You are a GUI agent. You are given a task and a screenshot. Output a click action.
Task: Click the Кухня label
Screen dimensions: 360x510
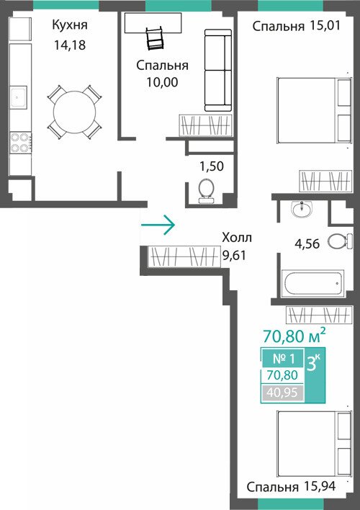pos(70,25)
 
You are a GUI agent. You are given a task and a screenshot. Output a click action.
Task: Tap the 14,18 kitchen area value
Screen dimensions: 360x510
pos(70,45)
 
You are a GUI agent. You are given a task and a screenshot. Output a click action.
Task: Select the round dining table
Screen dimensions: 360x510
pos(74,112)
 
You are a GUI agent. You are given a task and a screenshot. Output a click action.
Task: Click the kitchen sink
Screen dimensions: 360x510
pos(18,97)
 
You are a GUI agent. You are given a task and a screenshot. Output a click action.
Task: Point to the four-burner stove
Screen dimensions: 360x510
pos(21,143)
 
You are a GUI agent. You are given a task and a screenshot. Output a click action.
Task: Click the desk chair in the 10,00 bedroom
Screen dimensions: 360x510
pos(155,38)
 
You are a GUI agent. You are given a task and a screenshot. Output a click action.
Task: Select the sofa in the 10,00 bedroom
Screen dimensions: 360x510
pos(218,71)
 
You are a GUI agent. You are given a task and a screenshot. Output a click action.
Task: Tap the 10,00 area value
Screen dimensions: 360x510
pos(162,82)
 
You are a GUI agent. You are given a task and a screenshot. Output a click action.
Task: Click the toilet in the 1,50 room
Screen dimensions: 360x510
pos(206,192)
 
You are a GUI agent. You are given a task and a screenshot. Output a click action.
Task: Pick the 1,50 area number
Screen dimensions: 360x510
pos(212,166)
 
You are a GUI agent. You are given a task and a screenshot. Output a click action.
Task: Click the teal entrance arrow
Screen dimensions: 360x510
pos(158,225)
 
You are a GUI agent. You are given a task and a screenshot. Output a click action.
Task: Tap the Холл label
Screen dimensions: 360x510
pos(237,238)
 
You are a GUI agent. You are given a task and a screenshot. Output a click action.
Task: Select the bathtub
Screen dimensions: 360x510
pos(312,283)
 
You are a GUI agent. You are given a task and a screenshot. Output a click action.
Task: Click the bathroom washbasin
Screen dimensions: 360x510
pos(302,209)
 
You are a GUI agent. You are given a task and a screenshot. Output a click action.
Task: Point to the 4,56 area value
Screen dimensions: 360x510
pos(307,243)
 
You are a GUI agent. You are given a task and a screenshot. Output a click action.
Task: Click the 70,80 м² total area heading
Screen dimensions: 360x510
pos(294,336)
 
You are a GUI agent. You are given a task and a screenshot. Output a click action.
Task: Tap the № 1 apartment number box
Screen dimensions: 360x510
pos(283,359)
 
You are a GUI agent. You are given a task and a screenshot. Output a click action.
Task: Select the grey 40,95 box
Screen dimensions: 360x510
pos(282,393)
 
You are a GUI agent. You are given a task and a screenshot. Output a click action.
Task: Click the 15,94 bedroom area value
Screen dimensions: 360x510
pos(320,486)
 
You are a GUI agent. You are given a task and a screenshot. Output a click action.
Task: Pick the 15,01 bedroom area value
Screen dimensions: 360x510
pos(325,26)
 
